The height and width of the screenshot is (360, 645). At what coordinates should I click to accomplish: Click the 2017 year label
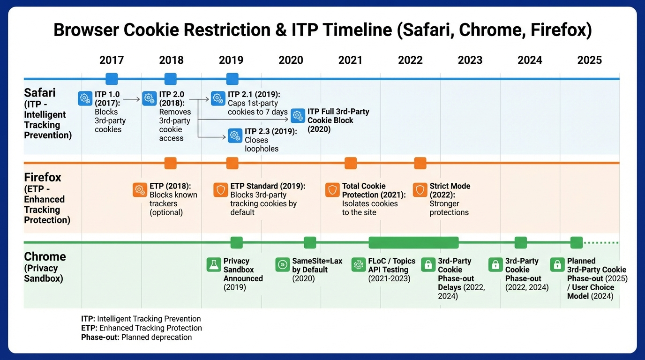click(x=112, y=60)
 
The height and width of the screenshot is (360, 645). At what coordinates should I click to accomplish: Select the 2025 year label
click(x=589, y=60)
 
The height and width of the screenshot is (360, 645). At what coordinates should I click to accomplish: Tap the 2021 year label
click(x=350, y=60)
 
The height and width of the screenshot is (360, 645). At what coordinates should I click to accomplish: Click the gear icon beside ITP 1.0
click(x=85, y=98)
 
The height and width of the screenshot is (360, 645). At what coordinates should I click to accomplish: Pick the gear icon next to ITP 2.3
click(x=235, y=136)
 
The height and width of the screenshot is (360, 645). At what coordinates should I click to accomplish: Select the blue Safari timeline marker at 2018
click(x=171, y=79)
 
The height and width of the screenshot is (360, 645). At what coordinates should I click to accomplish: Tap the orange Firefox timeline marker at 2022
click(x=420, y=163)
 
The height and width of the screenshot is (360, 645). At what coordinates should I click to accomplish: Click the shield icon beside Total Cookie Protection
click(x=332, y=190)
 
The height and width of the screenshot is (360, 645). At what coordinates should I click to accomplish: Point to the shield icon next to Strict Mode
click(x=420, y=190)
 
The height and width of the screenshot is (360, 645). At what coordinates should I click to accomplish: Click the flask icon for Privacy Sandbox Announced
click(x=214, y=265)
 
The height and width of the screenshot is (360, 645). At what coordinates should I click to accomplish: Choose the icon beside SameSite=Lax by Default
click(x=283, y=265)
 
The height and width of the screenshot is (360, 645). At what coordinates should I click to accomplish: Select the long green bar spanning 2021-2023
click(x=413, y=243)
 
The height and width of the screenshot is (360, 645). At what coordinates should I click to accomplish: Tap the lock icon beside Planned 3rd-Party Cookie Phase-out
click(x=557, y=265)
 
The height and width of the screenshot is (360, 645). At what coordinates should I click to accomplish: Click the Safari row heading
click(x=40, y=92)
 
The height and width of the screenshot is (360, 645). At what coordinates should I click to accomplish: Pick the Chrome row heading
click(x=45, y=257)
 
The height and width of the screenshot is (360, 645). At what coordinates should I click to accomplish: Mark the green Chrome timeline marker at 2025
click(x=576, y=243)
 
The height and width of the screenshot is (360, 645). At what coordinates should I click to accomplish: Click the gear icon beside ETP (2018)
click(x=140, y=190)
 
